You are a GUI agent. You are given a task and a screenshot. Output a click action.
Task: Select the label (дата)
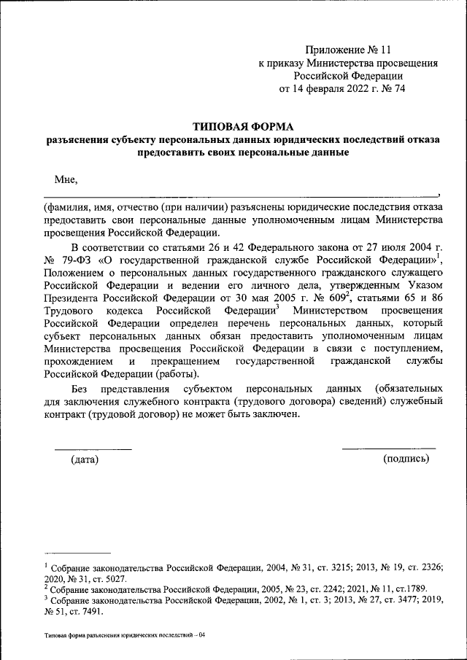pos(85,459)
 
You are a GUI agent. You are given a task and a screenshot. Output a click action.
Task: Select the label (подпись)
pos(406,459)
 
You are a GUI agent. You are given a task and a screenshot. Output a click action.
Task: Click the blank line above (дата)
pos(93,449)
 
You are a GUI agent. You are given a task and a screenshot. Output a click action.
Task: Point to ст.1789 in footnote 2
pos(409,589)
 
